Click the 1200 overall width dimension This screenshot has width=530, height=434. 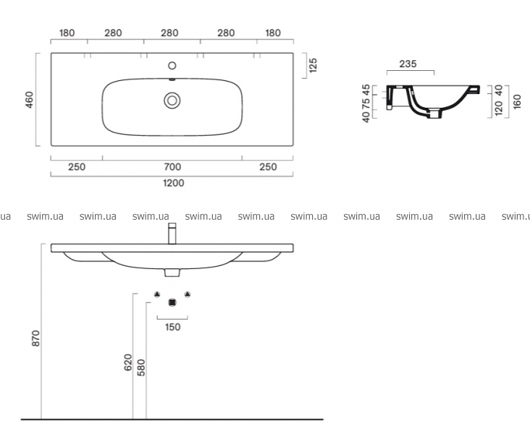pos(174,183)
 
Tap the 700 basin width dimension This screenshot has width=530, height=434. pos(172,167)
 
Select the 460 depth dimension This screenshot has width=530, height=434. pos(30,100)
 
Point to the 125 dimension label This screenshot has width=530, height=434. pos(313,65)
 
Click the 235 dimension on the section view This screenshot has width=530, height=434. pos(408,64)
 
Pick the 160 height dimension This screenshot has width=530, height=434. pos(517,102)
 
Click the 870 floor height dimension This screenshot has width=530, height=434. pos(35,338)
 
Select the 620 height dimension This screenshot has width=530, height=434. pos(128,362)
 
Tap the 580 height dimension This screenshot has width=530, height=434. pos(141,367)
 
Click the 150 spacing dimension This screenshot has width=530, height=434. pos(172,327)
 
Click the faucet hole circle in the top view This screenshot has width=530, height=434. pos(172,66)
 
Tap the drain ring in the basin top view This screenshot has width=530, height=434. pos(172,101)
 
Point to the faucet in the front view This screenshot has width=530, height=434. pos(172,234)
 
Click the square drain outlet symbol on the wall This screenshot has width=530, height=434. pos(172,302)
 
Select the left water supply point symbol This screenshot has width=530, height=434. pos(157,294)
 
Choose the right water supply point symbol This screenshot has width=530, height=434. pos(188,294)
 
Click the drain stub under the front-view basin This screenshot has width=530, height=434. pos(172,273)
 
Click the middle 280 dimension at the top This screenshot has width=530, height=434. pos(169,33)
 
